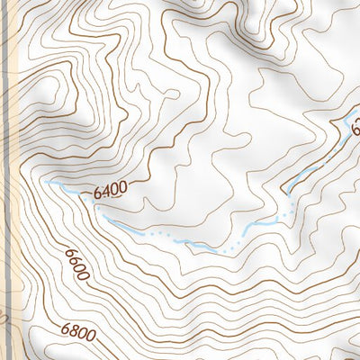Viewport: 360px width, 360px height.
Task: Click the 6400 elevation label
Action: (108, 190)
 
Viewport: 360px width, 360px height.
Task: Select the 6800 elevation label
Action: (79, 332)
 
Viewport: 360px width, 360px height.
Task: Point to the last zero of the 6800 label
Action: (91, 334)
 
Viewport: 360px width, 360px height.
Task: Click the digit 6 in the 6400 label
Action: (96, 192)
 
